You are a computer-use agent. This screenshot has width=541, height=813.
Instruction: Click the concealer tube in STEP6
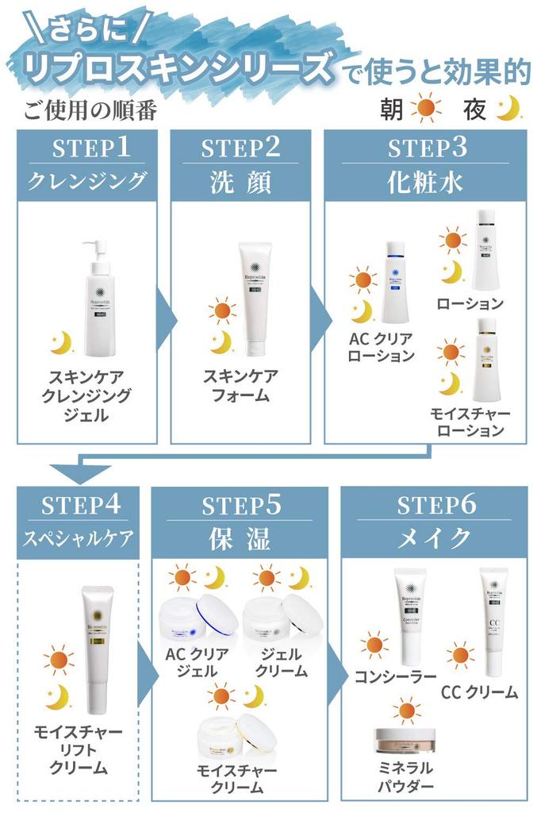click(x=410, y=617)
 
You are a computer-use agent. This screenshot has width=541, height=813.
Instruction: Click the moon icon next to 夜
click(x=507, y=110)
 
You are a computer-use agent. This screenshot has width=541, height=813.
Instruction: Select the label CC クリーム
click(x=479, y=692)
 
